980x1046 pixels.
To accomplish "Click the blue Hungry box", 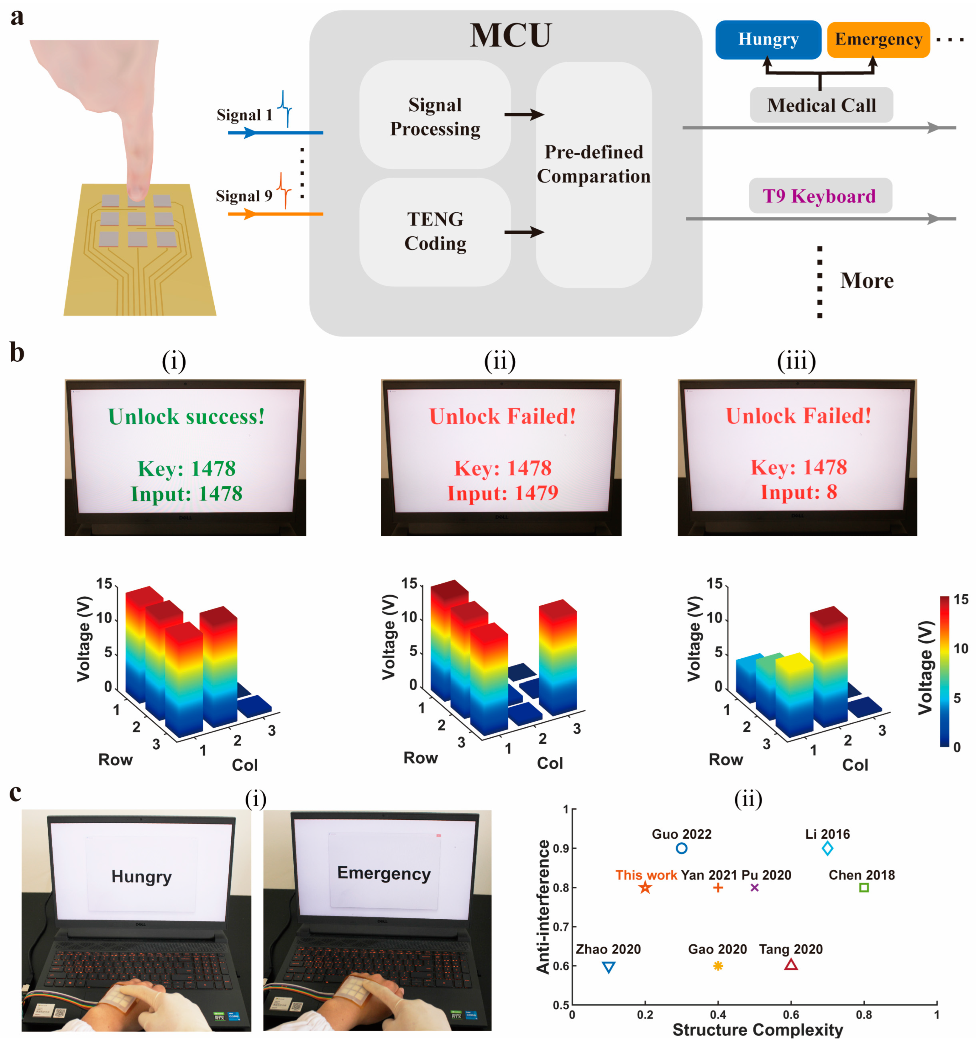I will point(768,40).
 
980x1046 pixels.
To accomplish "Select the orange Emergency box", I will point(878,40).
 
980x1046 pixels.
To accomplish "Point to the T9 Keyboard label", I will point(819,196).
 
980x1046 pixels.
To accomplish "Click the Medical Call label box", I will point(821,105).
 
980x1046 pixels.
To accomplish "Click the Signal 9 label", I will point(244,196).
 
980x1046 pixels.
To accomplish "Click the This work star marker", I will point(645,888).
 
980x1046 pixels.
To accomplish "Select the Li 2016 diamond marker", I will point(827,848).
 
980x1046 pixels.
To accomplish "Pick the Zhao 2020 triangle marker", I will point(608,967).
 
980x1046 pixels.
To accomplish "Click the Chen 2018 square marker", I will point(863,888).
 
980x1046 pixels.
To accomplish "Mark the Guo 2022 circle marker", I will point(681,848).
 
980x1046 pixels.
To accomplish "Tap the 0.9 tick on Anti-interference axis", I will point(560,848).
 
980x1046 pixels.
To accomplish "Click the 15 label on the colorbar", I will point(961,599).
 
